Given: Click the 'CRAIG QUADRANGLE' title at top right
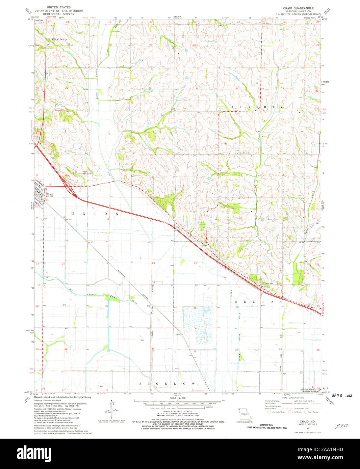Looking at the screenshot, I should (299, 8).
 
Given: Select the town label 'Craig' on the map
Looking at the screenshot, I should (50, 194).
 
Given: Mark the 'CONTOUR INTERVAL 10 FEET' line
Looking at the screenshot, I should (180, 412).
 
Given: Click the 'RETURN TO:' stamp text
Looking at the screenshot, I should (267, 425).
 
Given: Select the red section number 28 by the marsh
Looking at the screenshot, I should (195, 308).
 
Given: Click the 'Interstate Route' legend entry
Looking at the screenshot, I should (277, 412).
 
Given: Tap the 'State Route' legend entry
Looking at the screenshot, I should (312, 412).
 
